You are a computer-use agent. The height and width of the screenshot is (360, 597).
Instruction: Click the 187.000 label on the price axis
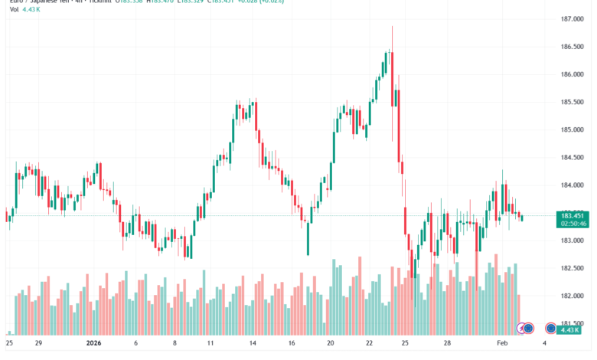click(572, 19)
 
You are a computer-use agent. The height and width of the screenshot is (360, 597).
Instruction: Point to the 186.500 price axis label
click(572, 47)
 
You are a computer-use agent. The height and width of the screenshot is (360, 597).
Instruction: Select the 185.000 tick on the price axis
click(572, 129)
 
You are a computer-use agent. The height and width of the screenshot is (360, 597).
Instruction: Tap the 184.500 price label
click(572, 158)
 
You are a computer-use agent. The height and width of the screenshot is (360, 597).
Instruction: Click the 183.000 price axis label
click(572, 241)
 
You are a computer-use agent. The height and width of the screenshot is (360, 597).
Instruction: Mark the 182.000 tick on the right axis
click(572, 296)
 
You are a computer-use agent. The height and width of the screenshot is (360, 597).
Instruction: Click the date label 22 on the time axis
click(368, 344)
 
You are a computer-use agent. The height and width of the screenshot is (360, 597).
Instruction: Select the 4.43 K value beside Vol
click(29, 11)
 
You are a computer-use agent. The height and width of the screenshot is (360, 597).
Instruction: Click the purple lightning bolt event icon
click(524, 329)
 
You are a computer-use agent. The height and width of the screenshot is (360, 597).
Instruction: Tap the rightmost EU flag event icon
click(551, 329)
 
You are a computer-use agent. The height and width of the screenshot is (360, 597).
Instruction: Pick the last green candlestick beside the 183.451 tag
click(522, 218)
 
